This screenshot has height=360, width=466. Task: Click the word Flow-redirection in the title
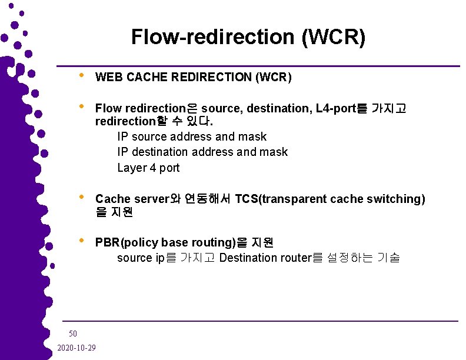point(212,37)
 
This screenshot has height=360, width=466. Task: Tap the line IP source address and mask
point(192,136)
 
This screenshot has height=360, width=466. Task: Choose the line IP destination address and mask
point(202,152)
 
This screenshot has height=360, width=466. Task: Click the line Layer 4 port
point(148,168)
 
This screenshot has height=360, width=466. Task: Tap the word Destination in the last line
point(247,258)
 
